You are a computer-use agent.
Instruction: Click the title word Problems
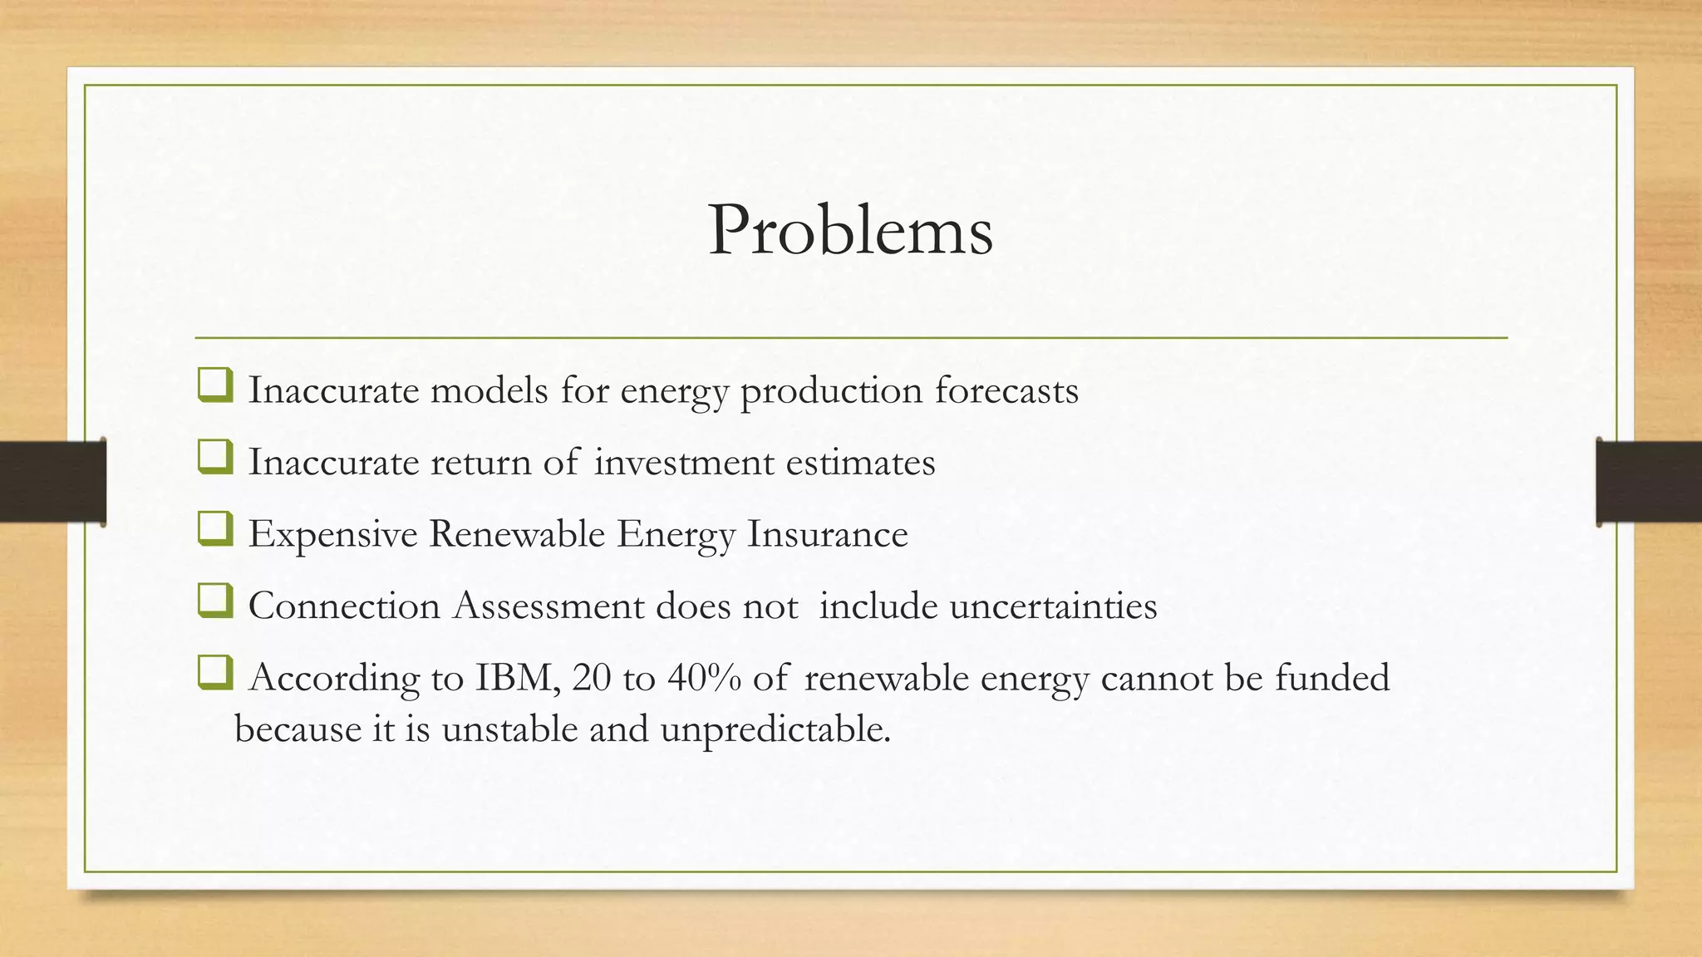(850, 230)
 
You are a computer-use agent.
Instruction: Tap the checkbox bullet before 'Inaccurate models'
(215, 386)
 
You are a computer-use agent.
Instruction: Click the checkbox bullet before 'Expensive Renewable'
(215, 530)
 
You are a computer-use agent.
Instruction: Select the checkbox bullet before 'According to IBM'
(215, 674)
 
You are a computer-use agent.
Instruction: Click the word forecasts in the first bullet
(1006, 390)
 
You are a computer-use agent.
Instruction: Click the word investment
(683, 463)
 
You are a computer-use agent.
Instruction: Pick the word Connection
(344, 606)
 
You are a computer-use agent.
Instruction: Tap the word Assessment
(548, 606)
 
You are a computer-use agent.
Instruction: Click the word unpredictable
(775, 730)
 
